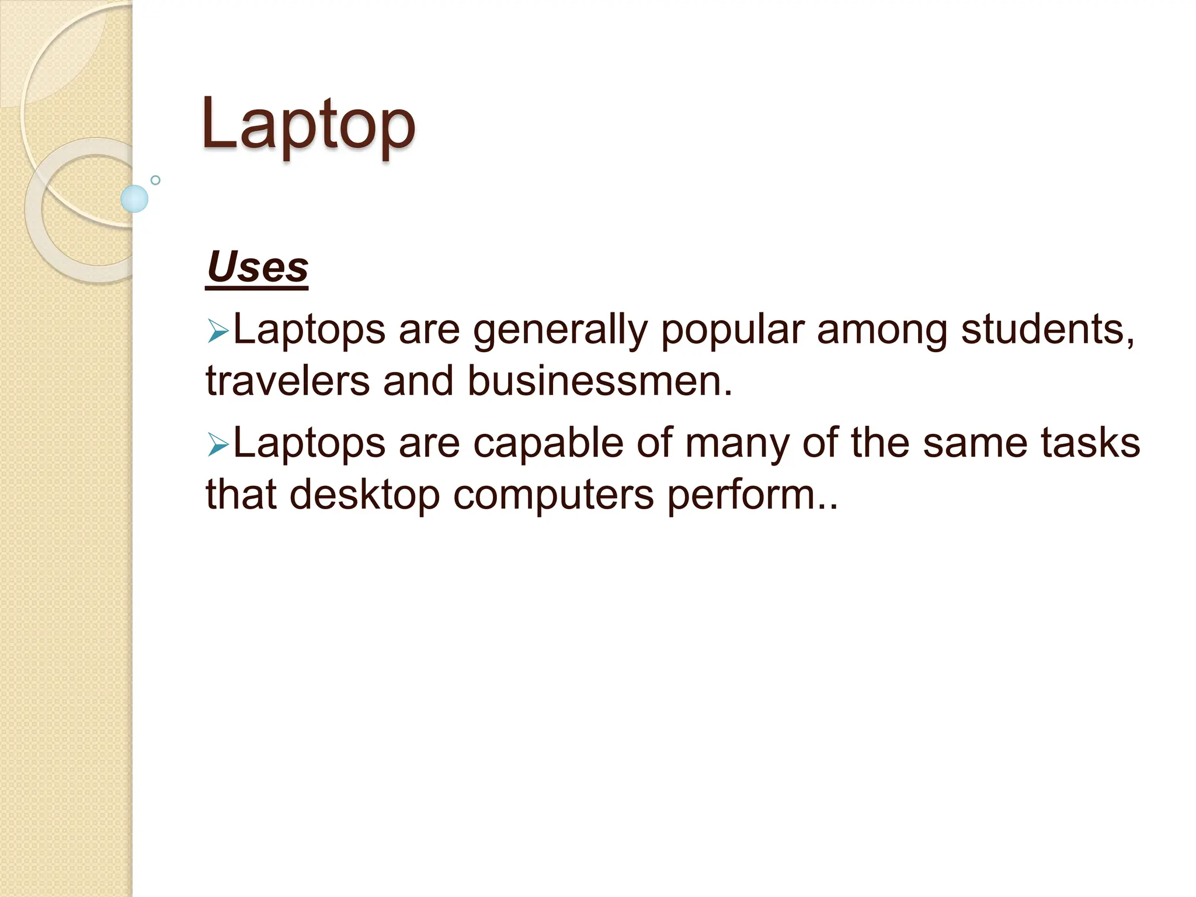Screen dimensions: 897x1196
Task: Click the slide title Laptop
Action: [x=308, y=124]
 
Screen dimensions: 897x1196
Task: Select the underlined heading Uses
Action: [x=258, y=267]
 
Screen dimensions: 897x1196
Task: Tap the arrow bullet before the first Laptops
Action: [x=218, y=333]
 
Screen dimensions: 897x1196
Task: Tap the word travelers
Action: [x=288, y=381]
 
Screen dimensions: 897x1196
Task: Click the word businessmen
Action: [x=599, y=381]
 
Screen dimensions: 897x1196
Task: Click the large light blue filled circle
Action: [x=134, y=199]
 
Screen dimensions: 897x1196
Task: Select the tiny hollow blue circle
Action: [x=155, y=180]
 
